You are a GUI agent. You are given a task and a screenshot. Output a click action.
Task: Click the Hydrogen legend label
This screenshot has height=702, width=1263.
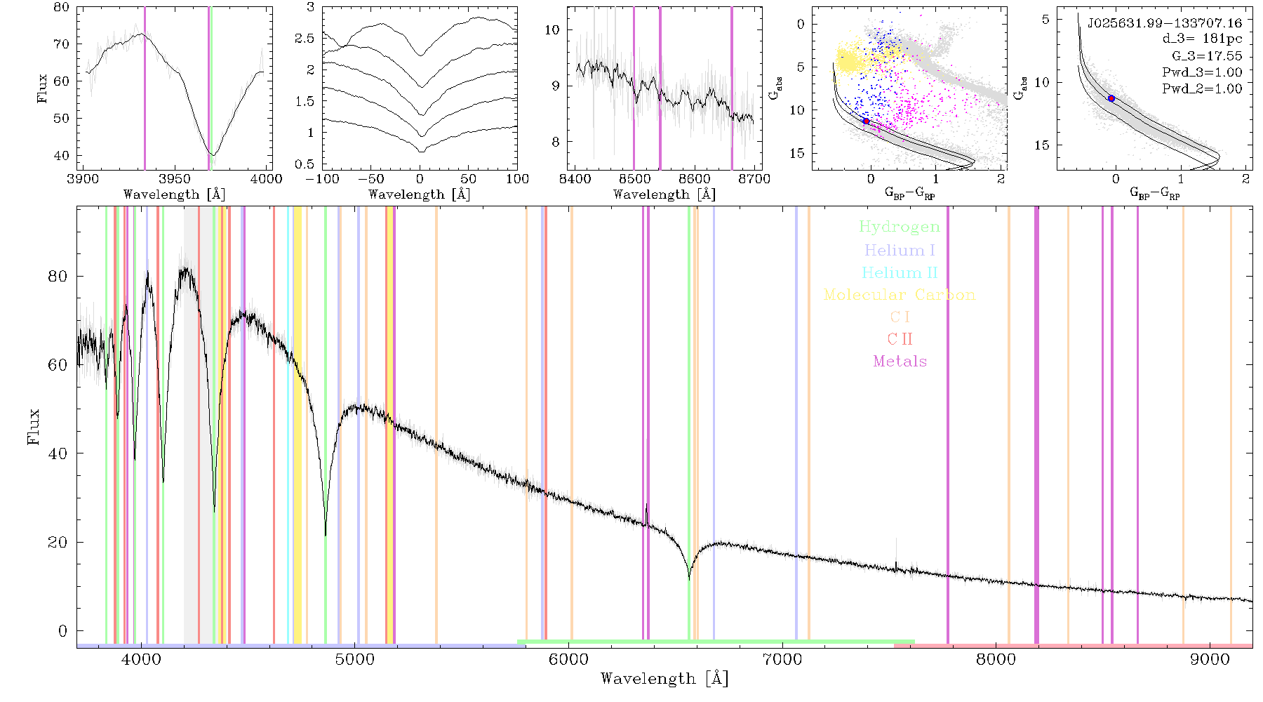tap(899, 227)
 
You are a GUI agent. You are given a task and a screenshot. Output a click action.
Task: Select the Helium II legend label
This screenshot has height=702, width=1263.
tap(899, 272)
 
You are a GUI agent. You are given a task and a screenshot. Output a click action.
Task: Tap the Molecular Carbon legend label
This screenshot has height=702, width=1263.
tap(899, 295)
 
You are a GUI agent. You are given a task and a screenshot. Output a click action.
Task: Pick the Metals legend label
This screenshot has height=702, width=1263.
tap(900, 361)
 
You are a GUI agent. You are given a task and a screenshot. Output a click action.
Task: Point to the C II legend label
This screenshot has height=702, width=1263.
tap(900, 339)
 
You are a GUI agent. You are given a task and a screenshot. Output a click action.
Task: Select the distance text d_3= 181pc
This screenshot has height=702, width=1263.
tap(1202, 39)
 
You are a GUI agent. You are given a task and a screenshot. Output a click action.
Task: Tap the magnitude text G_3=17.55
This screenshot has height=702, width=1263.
tap(1207, 55)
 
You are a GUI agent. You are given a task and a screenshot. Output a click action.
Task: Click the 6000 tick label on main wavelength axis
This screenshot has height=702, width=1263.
tap(568, 659)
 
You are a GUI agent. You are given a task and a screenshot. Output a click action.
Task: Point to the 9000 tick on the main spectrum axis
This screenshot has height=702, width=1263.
tap(1209, 659)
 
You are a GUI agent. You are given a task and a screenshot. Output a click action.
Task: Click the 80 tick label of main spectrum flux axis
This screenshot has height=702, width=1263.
tap(58, 276)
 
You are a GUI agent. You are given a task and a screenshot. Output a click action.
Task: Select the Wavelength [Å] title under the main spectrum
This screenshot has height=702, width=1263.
tap(664, 679)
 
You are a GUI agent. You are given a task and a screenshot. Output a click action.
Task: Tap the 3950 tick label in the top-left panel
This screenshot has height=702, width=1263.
tap(175, 178)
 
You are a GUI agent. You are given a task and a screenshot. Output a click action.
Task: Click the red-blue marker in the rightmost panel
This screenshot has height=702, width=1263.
tap(1111, 98)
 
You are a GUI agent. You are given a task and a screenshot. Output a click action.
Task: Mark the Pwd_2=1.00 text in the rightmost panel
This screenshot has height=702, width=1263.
tap(1202, 88)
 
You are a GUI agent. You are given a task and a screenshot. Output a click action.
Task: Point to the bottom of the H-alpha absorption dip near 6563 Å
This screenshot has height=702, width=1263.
tap(689, 579)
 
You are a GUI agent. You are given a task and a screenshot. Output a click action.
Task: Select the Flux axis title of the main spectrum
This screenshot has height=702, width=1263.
tap(33, 426)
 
